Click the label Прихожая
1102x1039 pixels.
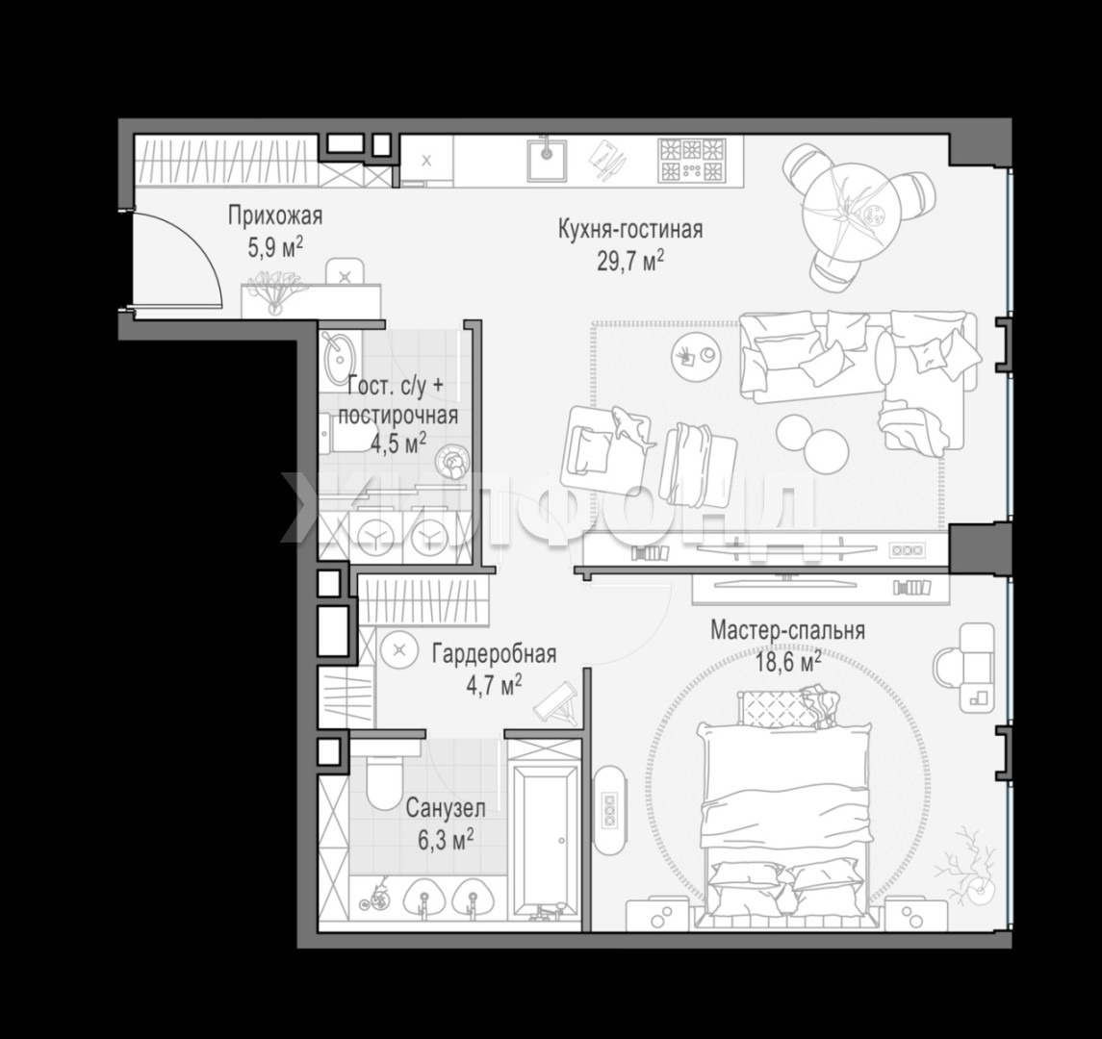point(275,215)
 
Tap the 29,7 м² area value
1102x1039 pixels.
point(630,262)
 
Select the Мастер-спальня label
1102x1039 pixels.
point(787,630)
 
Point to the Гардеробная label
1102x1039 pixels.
point(494,654)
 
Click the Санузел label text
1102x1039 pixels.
point(446,808)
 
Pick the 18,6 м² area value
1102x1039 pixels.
point(788,662)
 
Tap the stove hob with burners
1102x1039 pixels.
point(690,160)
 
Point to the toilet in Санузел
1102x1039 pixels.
point(384,780)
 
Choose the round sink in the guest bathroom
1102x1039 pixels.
point(339,353)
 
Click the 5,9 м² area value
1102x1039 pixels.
point(275,248)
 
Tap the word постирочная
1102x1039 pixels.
point(397,415)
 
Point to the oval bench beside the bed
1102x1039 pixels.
point(608,810)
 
